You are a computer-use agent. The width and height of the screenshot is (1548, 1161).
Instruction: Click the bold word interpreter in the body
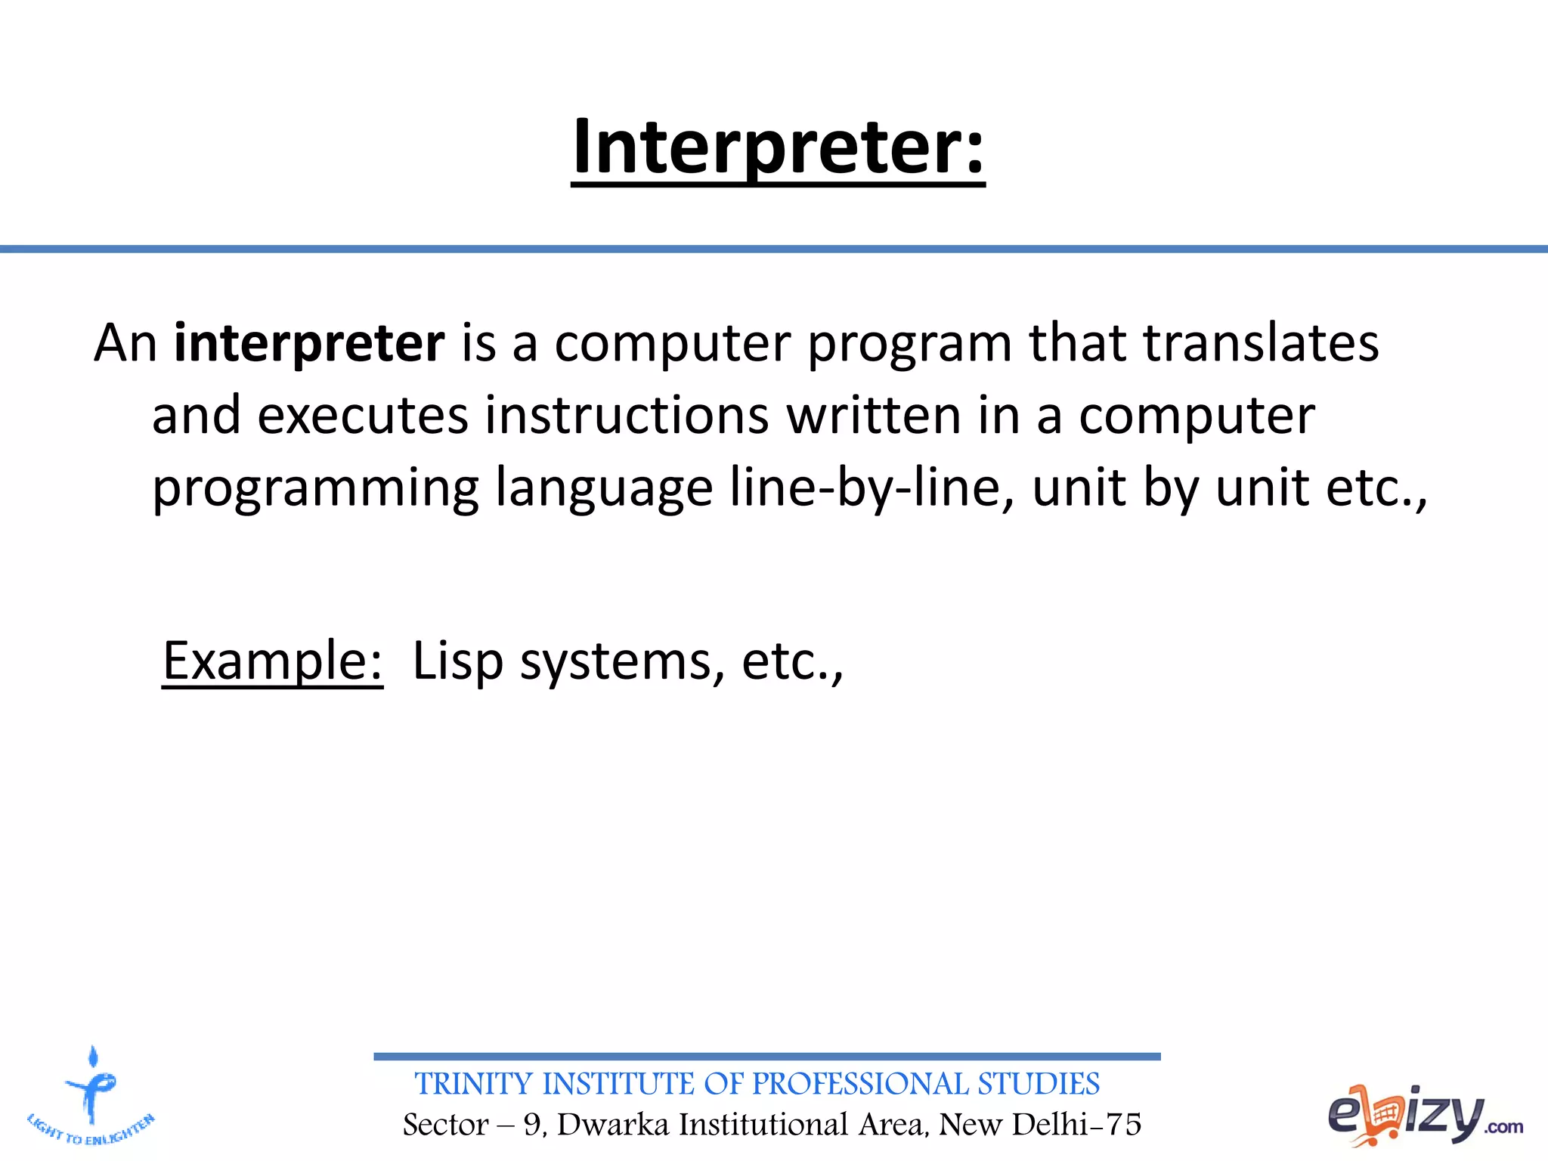coord(308,343)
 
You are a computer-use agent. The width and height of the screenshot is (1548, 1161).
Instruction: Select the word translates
coord(1261,343)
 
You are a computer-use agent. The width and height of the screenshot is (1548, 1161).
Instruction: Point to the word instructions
coord(627,416)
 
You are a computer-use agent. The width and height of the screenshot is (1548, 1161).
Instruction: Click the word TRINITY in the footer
coord(474,1084)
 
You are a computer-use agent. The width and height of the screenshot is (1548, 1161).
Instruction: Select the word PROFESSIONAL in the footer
coord(860,1084)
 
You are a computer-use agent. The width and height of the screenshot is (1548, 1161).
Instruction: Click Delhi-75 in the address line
coord(1076,1125)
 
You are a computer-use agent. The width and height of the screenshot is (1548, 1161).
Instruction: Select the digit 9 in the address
coord(532,1125)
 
